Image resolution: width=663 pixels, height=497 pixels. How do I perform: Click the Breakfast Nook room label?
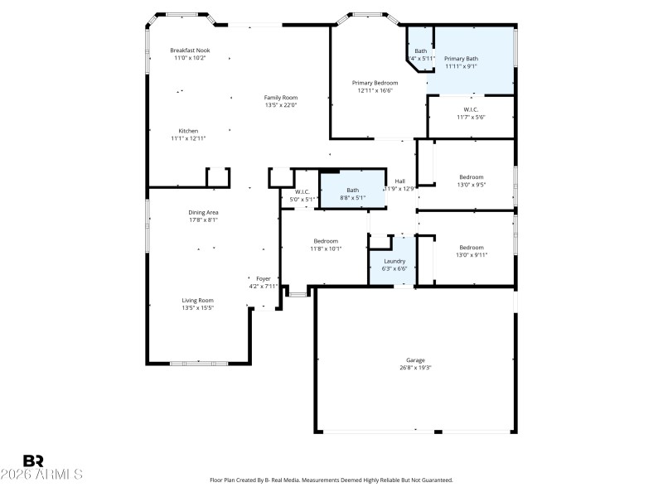click(x=190, y=50)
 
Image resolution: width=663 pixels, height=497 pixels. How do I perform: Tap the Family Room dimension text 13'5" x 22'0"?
click(x=280, y=105)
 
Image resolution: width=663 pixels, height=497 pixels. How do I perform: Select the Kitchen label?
click(x=188, y=131)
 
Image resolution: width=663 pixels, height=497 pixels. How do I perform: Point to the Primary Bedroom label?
click(x=375, y=83)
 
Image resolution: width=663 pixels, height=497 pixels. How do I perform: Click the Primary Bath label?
click(x=461, y=59)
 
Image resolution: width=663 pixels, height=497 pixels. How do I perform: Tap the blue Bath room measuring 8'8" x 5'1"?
click(x=353, y=194)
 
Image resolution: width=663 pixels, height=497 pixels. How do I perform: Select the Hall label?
click(x=399, y=181)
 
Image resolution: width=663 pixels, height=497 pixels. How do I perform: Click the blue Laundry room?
click(x=394, y=264)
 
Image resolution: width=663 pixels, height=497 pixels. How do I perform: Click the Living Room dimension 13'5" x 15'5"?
click(x=198, y=308)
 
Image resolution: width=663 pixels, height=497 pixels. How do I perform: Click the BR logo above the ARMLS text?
click(x=33, y=461)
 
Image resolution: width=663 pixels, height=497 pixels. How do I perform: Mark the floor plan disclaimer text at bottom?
click(x=331, y=480)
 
